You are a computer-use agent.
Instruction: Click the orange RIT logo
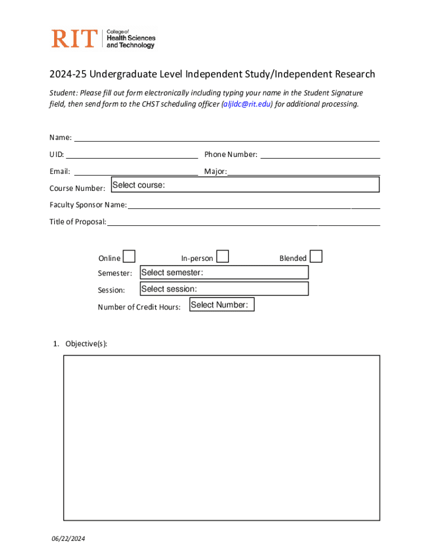click(x=74, y=38)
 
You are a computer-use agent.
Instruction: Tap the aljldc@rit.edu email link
click(x=247, y=104)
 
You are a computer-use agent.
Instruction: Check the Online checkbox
click(x=129, y=256)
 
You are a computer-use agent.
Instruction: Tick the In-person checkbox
click(x=223, y=256)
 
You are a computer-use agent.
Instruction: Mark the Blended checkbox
click(x=316, y=256)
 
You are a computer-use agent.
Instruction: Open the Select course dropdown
click(x=244, y=185)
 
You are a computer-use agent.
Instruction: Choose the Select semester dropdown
click(x=224, y=272)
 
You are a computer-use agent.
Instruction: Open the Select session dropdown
click(x=224, y=289)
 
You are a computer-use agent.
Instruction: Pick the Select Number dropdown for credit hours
click(x=222, y=305)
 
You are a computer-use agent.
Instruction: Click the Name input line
click(x=227, y=137)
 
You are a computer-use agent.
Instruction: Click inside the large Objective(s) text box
click(x=221, y=437)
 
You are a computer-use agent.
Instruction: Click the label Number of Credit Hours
click(x=139, y=307)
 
